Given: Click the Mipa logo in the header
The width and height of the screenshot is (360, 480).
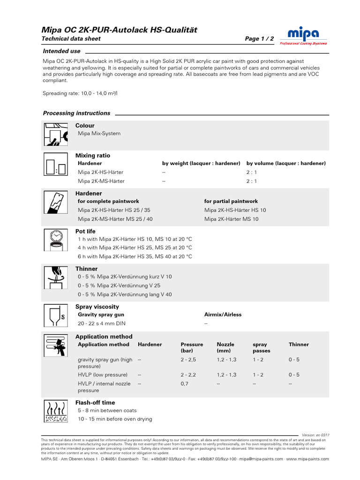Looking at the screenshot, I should tap(303, 35).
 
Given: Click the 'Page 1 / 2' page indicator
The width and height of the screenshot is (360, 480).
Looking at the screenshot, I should tap(259, 39).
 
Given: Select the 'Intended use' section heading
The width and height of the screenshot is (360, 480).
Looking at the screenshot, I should tap(61, 51).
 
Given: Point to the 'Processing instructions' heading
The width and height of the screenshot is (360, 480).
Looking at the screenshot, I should tap(76, 113).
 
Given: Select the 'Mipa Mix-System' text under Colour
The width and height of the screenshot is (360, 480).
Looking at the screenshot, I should tap(99, 134).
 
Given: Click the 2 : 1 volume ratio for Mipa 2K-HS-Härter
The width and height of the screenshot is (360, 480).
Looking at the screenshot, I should tap(252, 172).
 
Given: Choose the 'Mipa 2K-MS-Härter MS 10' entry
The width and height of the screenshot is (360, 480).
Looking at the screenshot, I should tap(231, 219).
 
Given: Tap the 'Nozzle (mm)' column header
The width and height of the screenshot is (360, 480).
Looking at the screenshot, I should tap(225, 347).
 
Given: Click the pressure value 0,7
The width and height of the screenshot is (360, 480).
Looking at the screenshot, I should tap(185, 383).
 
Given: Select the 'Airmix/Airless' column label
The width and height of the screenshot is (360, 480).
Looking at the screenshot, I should tap(223, 315).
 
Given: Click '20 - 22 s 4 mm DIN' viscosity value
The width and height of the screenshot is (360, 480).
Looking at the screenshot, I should tap(102, 323).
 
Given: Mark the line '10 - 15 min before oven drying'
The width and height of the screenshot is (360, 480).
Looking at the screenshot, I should tap(115, 419).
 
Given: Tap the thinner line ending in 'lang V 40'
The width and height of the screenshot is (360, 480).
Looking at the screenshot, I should tap(125, 294).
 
